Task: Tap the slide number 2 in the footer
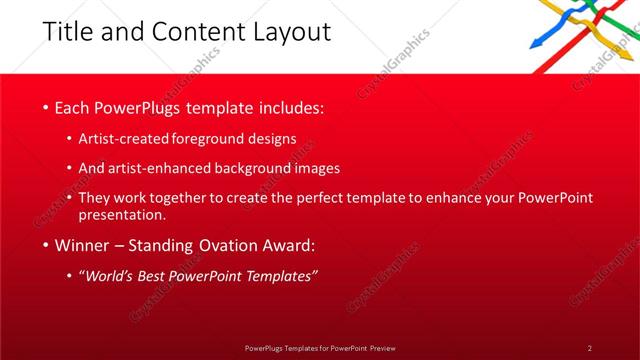[589, 347]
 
